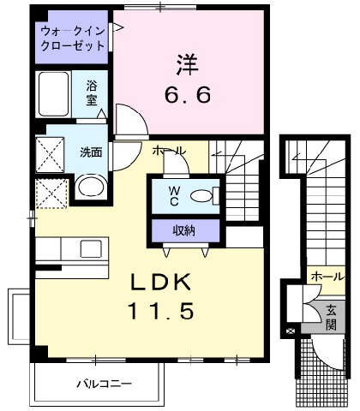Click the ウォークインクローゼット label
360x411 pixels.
pyautogui.click(x=73, y=39)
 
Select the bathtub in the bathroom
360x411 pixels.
pyautogui.click(x=53, y=94)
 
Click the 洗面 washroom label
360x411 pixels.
pyautogui.click(x=91, y=152)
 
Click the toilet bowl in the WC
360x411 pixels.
pyautogui.click(x=201, y=196)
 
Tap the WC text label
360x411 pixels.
pyautogui.click(x=174, y=196)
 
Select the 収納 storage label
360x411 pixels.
pyautogui.click(x=184, y=230)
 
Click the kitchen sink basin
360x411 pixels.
pyautogui.click(x=91, y=248)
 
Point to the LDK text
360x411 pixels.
pyautogui.click(x=161, y=282)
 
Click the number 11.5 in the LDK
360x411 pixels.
pyautogui.click(x=161, y=311)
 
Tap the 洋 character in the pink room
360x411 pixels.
pyautogui.click(x=187, y=64)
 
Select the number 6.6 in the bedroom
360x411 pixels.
pyautogui.click(x=188, y=94)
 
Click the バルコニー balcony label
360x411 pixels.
pyautogui.click(x=104, y=384)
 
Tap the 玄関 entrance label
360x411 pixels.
pyautogui.click(x=331, y=318)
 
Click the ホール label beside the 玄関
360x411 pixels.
pyautogui.click(x=328, y=277)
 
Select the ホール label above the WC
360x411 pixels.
pyautogui.click(x=169, y=151)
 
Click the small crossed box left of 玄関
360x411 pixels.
pyautogui.click(x=290, y=331)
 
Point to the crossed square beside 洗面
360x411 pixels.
pyautogui.click(x=50, y=154)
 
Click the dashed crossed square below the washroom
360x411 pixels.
pyautogui.click(x=51, y=194)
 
